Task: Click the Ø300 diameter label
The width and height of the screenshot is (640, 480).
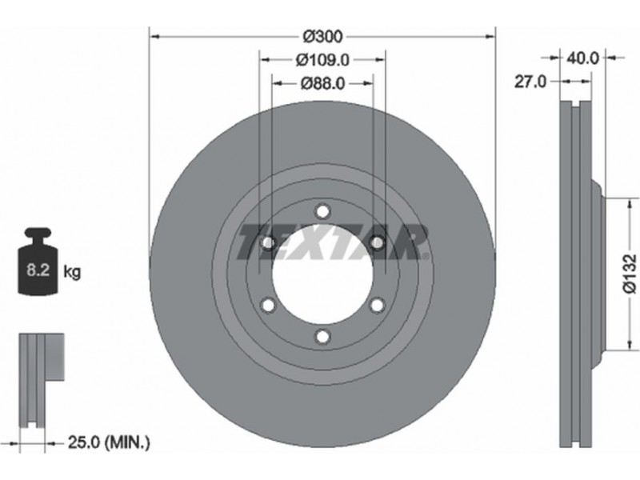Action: (x=322, y=37)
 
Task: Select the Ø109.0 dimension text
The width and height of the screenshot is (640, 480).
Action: (x=322, y=60)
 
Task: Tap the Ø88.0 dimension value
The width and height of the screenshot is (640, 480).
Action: (x=322, y=84)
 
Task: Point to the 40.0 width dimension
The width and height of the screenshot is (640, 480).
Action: (x=582, y=58)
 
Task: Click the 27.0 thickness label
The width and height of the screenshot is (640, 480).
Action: (x=530, y=82)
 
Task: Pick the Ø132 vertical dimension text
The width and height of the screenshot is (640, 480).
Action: (x=630, y=274)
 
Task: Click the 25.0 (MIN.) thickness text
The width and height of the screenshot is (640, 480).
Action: (x=109, y=442)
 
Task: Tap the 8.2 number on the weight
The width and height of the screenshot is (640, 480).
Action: (x=38, y=270)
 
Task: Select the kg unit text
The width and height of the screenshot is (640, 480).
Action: (x=72, y=271)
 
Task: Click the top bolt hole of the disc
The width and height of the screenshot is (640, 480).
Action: (x=322, y=212)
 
